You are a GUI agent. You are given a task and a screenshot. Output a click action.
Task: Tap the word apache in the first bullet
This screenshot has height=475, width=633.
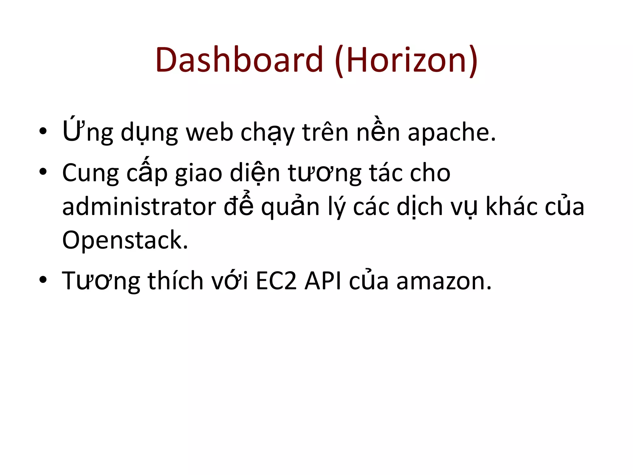coord(451,132)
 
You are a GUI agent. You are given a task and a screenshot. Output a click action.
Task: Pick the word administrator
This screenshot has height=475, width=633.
coord(139,207)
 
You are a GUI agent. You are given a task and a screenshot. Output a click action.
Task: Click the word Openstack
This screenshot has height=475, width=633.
coord(125,240)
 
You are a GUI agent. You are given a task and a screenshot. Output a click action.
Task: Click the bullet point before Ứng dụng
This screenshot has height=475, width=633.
coord(43,131)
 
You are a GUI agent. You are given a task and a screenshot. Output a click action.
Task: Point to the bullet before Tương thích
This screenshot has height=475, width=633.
coord(43,280)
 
